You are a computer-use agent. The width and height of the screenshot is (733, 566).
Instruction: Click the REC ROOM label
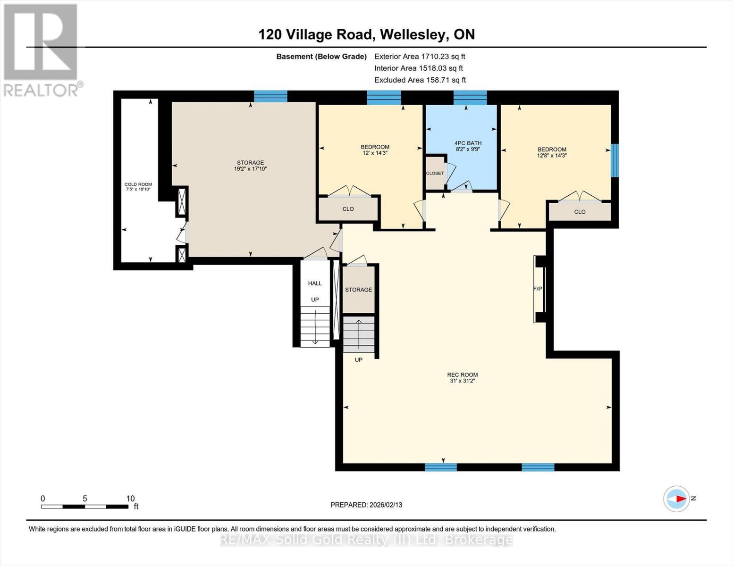tap(462, 375)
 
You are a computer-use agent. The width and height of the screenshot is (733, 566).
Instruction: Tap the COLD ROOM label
tap(138, 184)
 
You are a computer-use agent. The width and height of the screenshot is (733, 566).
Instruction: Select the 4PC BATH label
tap(468, 143)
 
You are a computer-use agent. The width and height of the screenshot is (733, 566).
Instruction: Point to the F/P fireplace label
tap(537, 289)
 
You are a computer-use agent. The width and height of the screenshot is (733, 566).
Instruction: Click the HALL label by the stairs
tap(315, 283)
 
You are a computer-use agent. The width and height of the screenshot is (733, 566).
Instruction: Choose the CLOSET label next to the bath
tap(435, 173)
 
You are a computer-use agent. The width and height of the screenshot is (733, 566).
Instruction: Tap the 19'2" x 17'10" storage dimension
tap(250, 168)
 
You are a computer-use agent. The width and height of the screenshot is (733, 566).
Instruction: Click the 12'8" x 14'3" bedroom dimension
tap(552, 155)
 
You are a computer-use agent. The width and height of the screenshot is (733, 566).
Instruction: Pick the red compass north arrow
tap(681, 499)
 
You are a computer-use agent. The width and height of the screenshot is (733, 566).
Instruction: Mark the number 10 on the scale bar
tap(131, 499)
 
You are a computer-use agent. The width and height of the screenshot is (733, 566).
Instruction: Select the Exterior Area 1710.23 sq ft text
tap(420, 57)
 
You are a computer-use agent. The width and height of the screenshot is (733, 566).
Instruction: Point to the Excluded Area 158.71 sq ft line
tap(420, 80)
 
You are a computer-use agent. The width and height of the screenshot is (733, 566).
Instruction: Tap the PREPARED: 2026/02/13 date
tap(366, 505)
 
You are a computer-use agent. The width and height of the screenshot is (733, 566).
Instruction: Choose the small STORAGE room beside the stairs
tap(359, 290)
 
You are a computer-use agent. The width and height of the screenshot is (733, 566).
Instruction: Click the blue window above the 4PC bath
tap(470, 98)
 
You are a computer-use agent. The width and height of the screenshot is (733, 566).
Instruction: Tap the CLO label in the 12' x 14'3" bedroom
tap(348, 209)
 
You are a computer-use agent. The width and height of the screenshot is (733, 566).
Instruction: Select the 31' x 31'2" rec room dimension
tap(462, 381)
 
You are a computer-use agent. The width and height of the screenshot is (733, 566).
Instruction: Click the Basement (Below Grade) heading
tap(321, 57)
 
